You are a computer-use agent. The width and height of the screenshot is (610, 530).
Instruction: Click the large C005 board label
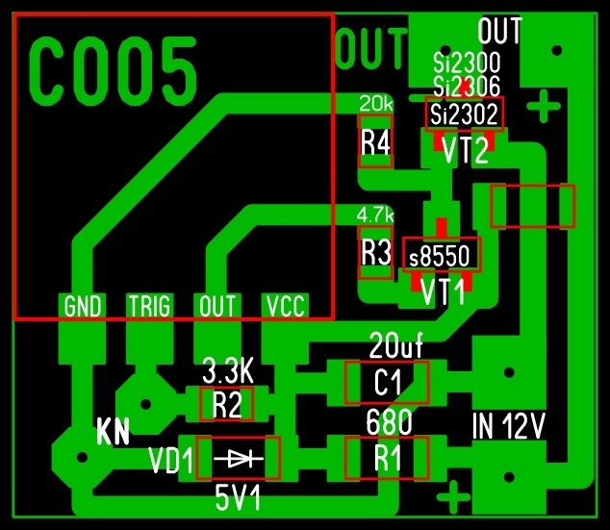113,71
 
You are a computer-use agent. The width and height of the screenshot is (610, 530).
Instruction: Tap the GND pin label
83,307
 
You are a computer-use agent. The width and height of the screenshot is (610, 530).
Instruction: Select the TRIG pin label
150,307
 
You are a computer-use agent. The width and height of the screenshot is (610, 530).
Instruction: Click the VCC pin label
285,307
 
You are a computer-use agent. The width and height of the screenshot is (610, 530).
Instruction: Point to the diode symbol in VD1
239,459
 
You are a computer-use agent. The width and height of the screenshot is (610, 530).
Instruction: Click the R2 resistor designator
227,404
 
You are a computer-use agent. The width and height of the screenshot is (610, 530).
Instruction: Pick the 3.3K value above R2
228,371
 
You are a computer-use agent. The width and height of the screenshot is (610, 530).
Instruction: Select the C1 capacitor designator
388,382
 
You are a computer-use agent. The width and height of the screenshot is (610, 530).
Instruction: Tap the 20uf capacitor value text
395,345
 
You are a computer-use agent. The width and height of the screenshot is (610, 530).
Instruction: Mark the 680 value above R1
389,422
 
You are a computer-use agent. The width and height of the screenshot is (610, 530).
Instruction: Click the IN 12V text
509,426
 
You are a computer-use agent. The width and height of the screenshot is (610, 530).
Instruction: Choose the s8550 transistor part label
440,256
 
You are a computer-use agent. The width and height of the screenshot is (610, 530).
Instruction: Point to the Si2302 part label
464,114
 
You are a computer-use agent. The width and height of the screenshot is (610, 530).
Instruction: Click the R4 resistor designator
375,143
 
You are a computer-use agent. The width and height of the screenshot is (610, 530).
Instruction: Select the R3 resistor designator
376,253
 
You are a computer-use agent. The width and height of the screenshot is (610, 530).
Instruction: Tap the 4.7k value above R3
375,215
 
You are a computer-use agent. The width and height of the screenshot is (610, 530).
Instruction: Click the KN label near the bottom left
113,432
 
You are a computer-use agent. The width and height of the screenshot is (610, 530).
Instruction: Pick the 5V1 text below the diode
238,498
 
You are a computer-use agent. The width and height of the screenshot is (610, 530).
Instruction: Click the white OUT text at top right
499,31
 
